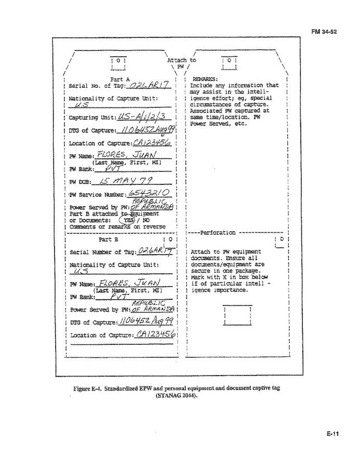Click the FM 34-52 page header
tap(324, 32)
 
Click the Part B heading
tap(109, 240)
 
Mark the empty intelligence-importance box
tap(236, 315)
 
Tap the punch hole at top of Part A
tap(118, 61)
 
